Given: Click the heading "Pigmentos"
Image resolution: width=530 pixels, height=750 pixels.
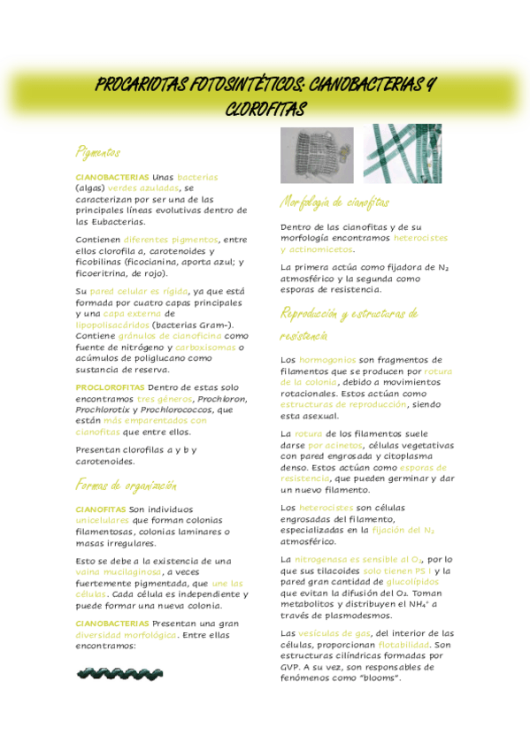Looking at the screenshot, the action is pyautogui.click(x=97, y=152).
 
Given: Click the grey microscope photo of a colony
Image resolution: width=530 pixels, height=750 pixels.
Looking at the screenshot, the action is pyautogui.click(x=317, y=154).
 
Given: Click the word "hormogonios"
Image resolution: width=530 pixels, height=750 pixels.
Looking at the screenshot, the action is pyautogui.click(x=327, y=360).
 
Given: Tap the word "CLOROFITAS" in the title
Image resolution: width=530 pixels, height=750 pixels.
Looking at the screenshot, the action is pyautogui.click(x=265, y=110).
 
